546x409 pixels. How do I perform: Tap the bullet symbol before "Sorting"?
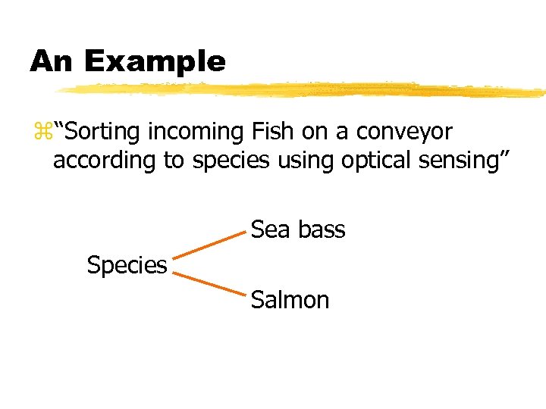coord(39,133)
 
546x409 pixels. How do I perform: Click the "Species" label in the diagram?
coord(127,266)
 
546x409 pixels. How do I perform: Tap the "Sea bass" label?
coord(298,229)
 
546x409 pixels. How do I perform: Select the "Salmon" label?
coord(290,301)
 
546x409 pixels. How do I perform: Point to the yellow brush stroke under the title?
coord(303,90)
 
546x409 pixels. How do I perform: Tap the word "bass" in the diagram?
coord(322,229)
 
